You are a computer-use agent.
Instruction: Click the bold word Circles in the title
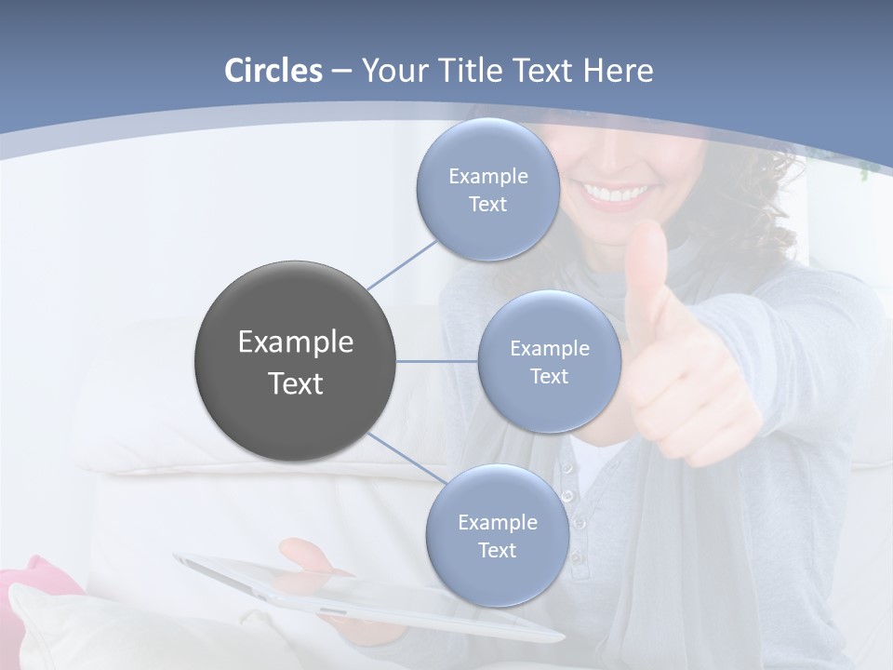coord(273,71)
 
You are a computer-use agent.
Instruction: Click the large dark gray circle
coord(295,361)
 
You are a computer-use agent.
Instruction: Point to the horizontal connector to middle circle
coord(436,361)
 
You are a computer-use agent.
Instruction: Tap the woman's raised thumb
coord(646,270)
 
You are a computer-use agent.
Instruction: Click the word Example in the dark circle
coord(295,342)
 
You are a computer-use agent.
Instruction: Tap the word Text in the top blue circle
coord(487,205)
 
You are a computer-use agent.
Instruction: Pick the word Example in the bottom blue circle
coord(497,523)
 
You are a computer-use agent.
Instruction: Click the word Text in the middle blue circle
coord(549,377)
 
